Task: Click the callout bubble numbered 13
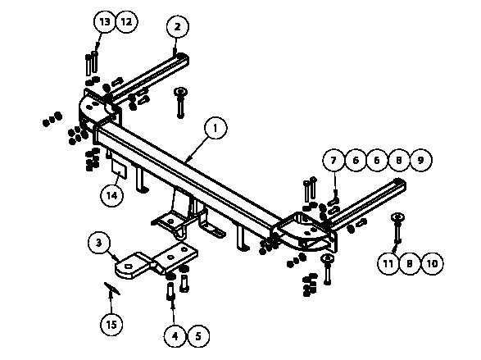pos(105,22)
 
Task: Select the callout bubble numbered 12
pos(126,22)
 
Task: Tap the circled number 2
pos(178,27)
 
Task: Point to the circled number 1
pos(216,128)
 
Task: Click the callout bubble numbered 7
pos(334,160)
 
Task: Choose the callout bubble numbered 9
pos(420,160)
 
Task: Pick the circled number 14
pos(112,195)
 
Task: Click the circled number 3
pos(99,243)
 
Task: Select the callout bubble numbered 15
pos(111,324)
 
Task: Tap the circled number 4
pos(175,336)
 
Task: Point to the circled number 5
pos(198,336)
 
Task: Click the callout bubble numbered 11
pos(388,263)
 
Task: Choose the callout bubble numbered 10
pos(432,263)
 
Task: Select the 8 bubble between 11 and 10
pos(410,263)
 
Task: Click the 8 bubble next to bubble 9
pos(399,160)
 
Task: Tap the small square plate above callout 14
pos(119,170)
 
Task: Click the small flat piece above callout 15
pos(112,289)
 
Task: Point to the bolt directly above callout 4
pos(170,291)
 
